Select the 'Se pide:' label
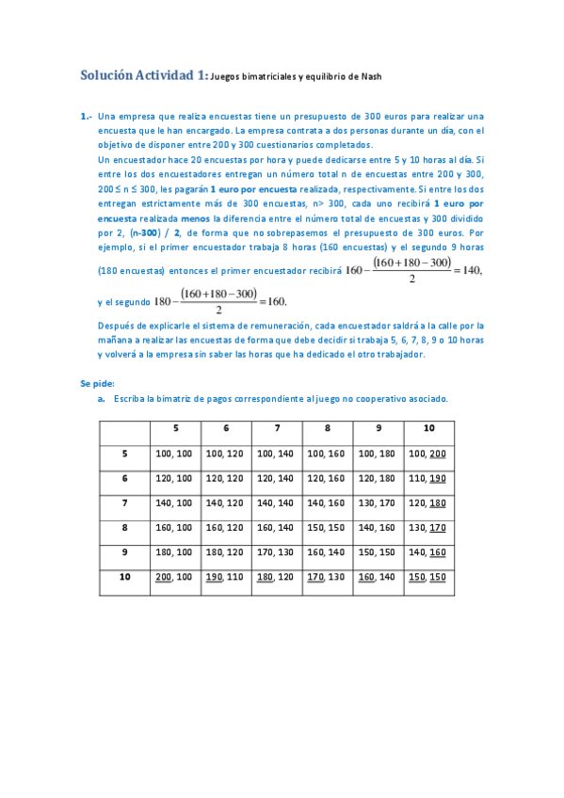pos(99,383)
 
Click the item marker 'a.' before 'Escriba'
pos(101,399)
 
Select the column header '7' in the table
pos(277,428)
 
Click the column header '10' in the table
pos(428,428)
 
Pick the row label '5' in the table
pos(124,454)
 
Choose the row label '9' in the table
pos(124,551)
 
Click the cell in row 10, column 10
pos(428,576)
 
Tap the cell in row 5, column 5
pos(174,454)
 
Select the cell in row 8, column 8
pos(327,527)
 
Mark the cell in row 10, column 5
pos(174,576)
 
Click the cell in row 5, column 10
pos(428,454)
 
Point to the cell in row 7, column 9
pos(378,503)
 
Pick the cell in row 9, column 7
pos(277,551)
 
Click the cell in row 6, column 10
pos(428,478)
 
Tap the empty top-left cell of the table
pos(124,429)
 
